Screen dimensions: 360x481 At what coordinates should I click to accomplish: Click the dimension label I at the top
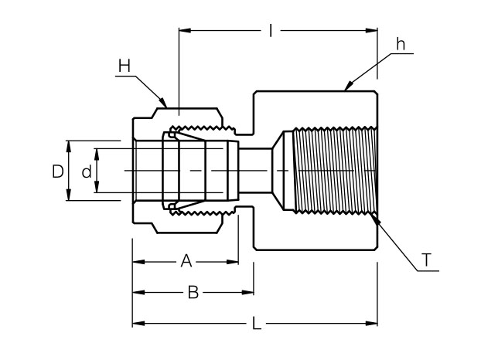click(x=271, y=31)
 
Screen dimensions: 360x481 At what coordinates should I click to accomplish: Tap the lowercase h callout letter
click(x=400, y=44)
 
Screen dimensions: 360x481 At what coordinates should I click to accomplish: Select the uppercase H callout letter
click(x=125, y=66)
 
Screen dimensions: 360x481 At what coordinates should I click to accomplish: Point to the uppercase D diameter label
click(x=57, y=172)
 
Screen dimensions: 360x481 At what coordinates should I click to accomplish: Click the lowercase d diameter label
click(x=87, y=172)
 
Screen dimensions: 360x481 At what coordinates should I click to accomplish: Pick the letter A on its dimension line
click(x=186, y=261)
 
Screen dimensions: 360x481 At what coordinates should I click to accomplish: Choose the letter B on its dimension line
click(x=194, y=292)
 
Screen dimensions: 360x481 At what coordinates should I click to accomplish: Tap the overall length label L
click(x=257, y=323)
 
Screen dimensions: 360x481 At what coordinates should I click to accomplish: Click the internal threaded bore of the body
click(x=336, y=170)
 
